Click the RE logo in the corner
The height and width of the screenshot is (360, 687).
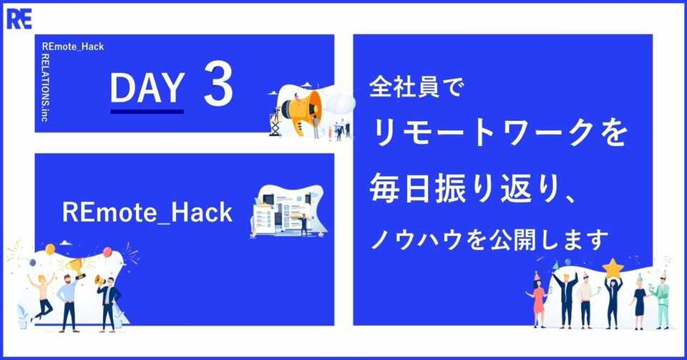coord(19,19)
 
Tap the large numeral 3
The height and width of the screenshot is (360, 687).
coord(218,84)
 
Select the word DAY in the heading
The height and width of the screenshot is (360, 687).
coord(147,87)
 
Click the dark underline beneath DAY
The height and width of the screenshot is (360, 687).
coord(147,112)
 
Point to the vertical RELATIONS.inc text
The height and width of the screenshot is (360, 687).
coord(44,87)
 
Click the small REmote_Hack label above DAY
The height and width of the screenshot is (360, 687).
coord(73,47)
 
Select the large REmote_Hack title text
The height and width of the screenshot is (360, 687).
coord(147,213)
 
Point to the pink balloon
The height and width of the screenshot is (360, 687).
coord(107,253)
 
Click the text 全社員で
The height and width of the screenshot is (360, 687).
coord(416,87)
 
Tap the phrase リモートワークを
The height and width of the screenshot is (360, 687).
coord(499,133)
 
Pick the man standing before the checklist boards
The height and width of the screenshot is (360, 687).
coord(303,225)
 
